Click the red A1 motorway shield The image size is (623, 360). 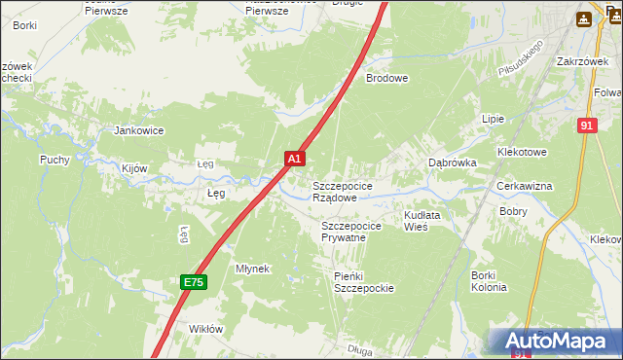coord(295,157)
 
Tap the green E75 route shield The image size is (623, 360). coord(193,282)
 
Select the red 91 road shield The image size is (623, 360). coord(585,126)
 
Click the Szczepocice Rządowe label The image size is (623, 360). coord(341,191)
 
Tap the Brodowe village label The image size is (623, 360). coord(386,78)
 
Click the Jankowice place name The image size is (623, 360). coord(138,130)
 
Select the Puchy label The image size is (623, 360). coord(55,160)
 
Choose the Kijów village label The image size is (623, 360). coord(134,168)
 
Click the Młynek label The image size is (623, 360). coord(252,269)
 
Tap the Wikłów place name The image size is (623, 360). coord(206,329)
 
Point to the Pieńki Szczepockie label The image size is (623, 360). coord(363,282)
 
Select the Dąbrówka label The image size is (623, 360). coord(453,163)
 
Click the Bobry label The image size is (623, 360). coord(513,211)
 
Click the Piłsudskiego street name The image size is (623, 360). coord(519,59)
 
